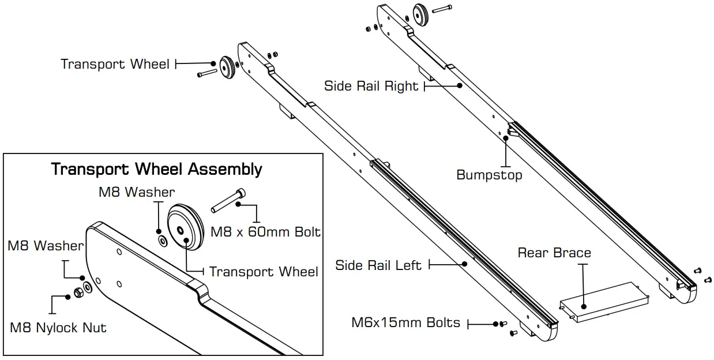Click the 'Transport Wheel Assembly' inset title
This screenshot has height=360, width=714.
[156, 169]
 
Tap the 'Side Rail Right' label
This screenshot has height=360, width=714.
[371, 87]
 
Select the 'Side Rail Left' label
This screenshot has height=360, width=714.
[378, 265]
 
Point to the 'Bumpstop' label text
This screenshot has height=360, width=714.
[489, 175]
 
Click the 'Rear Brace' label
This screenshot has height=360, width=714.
[554, 253]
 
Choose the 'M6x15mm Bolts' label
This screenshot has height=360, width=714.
[405, 322]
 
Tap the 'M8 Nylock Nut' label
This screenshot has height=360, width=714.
[58, 328]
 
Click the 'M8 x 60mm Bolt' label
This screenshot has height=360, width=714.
[265, 232]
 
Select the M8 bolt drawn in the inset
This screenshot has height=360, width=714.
[227, 200]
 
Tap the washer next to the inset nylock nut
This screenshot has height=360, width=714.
[87, 287]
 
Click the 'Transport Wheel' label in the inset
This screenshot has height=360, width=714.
[263, 272]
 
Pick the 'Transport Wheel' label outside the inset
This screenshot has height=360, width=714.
[115, 63]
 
